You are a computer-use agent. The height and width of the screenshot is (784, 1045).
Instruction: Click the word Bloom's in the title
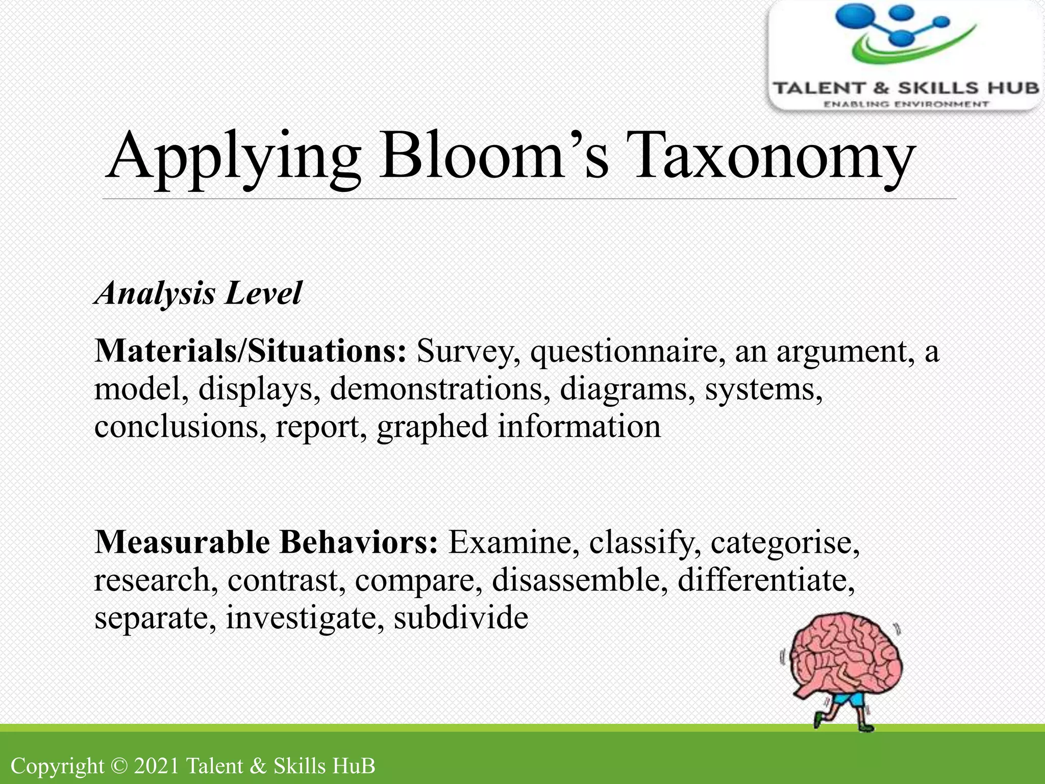pos(492,156)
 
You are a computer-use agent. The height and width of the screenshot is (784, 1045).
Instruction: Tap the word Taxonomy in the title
pos(770,156)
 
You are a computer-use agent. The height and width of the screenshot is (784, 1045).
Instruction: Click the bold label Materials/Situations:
pos(251,351)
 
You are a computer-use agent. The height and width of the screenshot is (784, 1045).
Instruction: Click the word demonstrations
pos(440,389)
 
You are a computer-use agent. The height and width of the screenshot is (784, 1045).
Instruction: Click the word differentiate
pos(765,580)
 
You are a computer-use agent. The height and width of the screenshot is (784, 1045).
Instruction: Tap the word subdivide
pos(461,618)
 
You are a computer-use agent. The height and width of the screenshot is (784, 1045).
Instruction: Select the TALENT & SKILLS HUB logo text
pos(906,88)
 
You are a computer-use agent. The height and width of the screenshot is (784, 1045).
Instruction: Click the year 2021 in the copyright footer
pos(156,766)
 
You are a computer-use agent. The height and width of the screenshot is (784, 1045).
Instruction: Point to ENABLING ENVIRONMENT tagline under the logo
pos(906,104)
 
